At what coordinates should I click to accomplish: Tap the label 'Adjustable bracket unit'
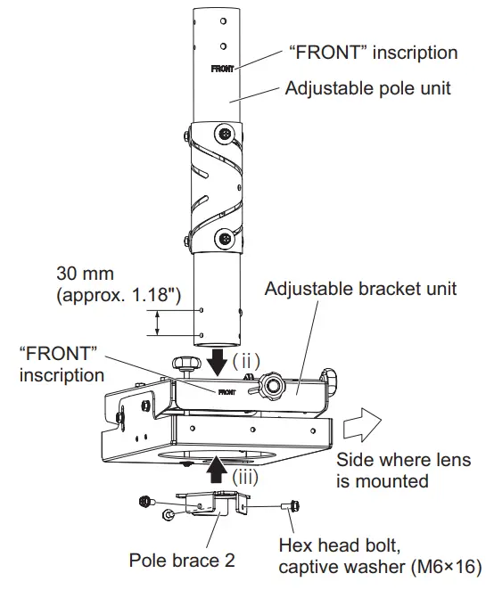click(x=361, y=289)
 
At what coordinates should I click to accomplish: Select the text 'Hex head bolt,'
click(x=331, y=545)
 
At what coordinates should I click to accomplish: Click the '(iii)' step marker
click(x=246, y=477)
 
